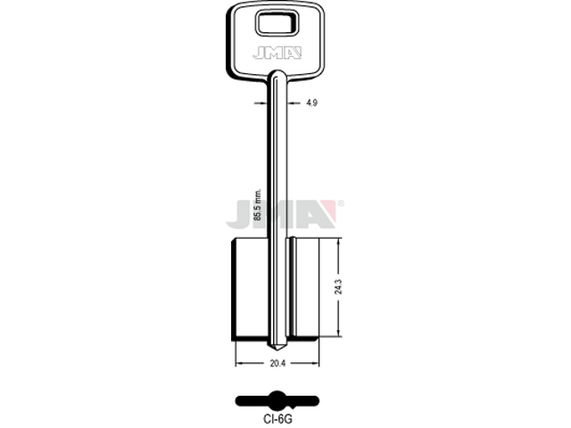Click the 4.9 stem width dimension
311,103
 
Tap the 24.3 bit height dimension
338,287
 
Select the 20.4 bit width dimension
277,363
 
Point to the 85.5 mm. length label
258,205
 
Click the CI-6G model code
277,419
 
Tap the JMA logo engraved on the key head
277,53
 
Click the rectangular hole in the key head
277,23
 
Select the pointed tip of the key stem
277,349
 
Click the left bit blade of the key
250,289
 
